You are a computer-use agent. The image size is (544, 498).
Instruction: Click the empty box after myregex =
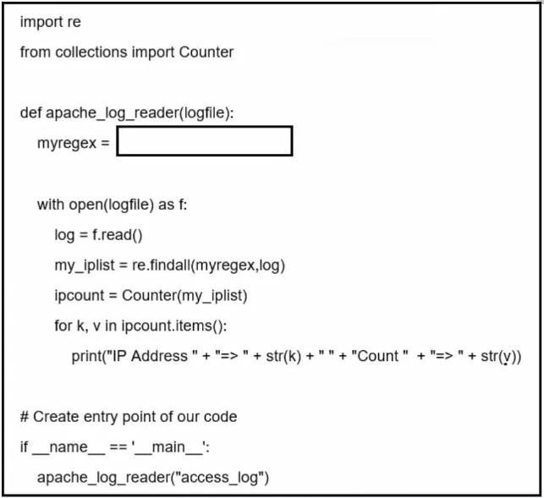point(205,141)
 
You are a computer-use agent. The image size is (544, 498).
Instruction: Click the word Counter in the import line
point(206,52)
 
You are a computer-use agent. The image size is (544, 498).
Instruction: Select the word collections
point(91,52)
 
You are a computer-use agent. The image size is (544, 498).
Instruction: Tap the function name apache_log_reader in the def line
point(112,113)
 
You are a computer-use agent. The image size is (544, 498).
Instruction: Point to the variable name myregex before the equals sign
point(67,143)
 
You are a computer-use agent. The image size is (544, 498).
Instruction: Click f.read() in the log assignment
point(118,235)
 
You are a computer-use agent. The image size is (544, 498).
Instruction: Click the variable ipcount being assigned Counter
point(79,296)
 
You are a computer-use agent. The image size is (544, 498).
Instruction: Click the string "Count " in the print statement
point(380,356)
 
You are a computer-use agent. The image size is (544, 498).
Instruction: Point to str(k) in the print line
point(283,357)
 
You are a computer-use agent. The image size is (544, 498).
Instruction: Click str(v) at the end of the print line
point(498,357)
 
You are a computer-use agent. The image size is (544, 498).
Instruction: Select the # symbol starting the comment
point(25,417)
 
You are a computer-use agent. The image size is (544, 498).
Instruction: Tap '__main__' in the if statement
point(169,447)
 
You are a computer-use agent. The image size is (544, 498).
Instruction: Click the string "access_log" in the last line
point(219,478)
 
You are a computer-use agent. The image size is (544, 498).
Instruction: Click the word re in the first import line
point(74,23)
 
